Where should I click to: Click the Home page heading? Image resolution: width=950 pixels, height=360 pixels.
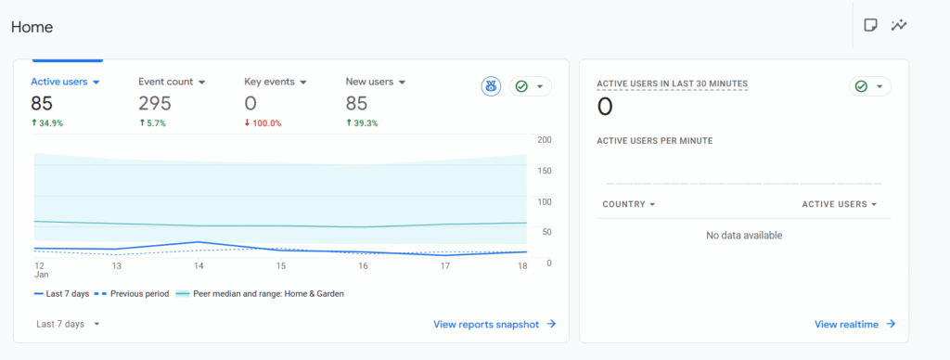pos(32,27)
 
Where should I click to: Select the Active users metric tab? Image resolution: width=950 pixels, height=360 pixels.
pos(64,82)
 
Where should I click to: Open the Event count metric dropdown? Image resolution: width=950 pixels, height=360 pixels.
pos(201,82)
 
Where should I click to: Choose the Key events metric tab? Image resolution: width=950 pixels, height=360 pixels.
pos(275,82)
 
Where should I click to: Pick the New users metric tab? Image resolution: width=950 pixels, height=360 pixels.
pos(375,82)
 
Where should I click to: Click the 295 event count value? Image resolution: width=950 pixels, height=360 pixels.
pos(155,104)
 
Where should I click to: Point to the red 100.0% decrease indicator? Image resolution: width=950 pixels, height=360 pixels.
pos(263,123)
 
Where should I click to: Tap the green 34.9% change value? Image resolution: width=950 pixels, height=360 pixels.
pos(49,123)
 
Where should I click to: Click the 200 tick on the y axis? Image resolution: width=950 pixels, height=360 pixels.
pos(545,140)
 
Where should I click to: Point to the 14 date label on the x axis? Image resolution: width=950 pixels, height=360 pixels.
pos(199,266)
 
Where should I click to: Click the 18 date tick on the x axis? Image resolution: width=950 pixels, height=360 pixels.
pos(522,266)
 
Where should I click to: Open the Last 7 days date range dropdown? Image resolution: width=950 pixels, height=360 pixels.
pos(68,324)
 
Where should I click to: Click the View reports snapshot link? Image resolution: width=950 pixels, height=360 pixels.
pos(494,324)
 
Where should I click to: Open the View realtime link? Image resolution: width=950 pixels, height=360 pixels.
pos(854,324)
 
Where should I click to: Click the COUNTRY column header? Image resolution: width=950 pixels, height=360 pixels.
pos(628,204)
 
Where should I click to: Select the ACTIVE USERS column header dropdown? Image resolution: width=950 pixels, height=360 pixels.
pos(839,204)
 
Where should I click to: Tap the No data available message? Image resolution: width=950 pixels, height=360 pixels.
pos(744,236)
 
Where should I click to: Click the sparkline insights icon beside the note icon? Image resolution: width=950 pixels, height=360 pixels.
pos(898,25)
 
